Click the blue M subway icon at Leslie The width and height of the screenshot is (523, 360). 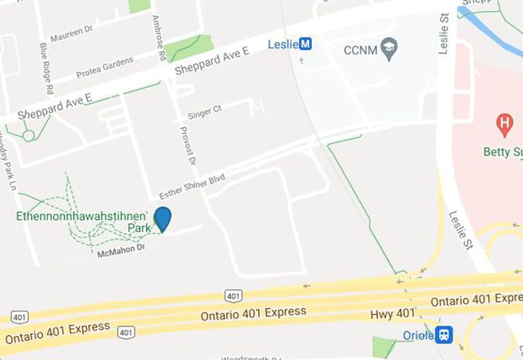[x=306, y=44]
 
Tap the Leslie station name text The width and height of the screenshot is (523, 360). [x=283, y=44]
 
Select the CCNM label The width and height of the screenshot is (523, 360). [x=361, y=49]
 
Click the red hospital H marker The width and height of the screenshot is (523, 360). [x=504, y=124]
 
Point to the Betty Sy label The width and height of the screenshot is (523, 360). [x=502, y=152]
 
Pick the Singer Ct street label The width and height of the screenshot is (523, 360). [x=204, y=113]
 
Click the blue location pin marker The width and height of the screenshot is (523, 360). [x=163, y=218]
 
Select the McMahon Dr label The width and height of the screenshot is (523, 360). [x=120, y=250]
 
